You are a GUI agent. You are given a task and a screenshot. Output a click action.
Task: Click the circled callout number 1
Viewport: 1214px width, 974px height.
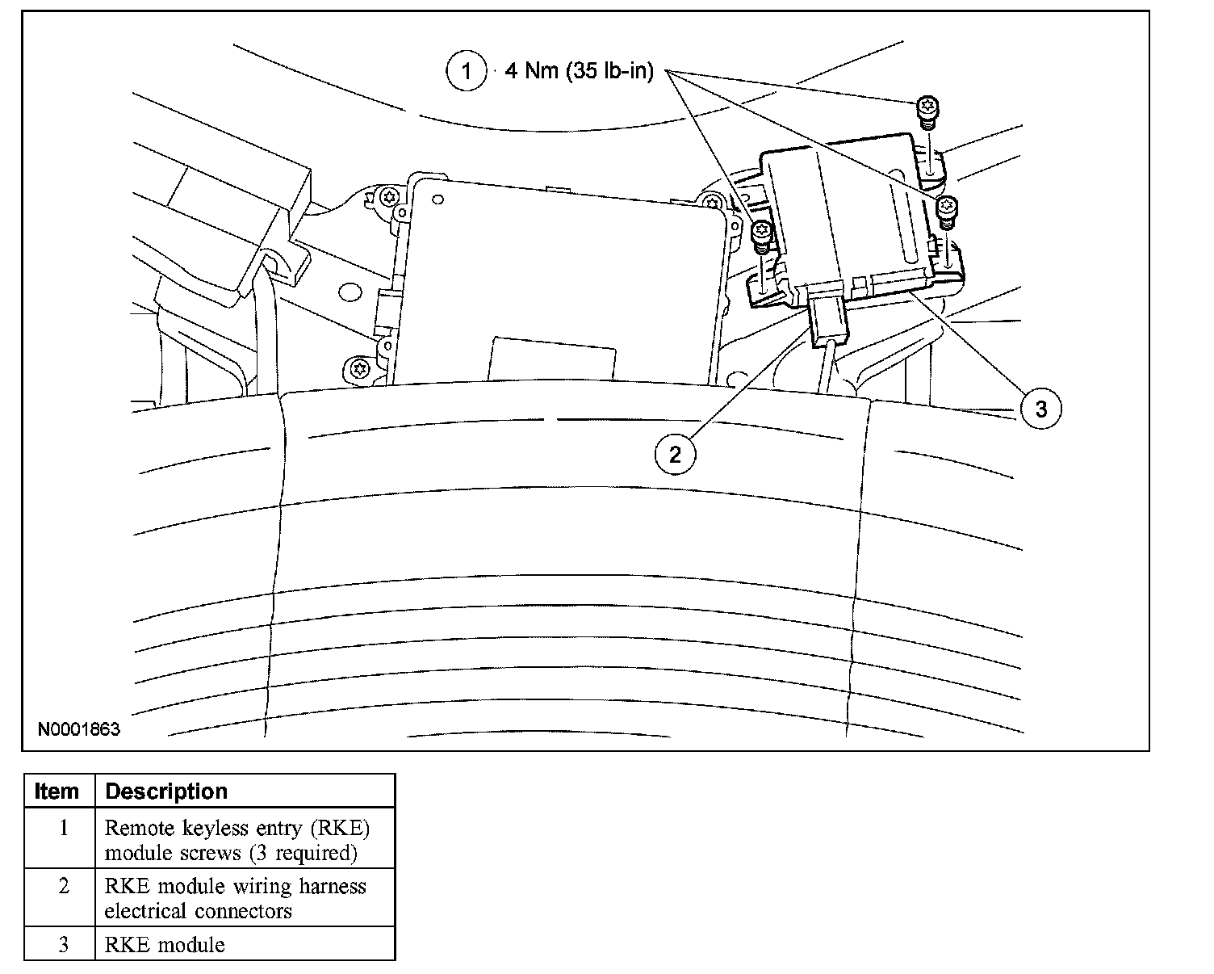[x=467, y=71]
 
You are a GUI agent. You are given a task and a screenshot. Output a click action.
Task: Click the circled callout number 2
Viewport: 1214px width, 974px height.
[x=675, y=455]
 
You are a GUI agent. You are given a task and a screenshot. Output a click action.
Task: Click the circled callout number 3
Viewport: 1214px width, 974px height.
[x=1040, y=409]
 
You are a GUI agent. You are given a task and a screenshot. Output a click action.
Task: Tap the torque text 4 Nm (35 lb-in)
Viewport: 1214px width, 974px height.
[x=578, y=71]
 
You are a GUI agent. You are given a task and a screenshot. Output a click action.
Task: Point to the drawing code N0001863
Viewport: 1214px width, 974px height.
[x=79, y=729]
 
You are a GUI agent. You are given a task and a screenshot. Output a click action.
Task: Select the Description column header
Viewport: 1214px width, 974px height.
[x=166, y=791]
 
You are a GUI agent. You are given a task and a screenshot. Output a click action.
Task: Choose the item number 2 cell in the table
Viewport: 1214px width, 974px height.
[x=63, y=887]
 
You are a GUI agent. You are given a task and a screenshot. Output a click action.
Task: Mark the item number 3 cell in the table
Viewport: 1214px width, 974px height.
[x=63, y=944]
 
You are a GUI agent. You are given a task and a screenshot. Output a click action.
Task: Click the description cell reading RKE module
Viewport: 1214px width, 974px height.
[x=165, y=944]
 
